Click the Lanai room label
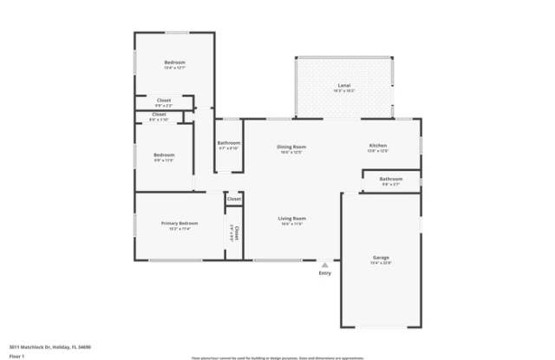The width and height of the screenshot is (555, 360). [x=344, y=85]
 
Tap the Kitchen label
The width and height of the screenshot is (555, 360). [x=378, y=145]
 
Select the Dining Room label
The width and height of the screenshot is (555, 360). [x=291, y=147]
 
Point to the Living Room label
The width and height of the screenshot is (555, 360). [x=291, y=218]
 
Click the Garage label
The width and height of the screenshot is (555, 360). [x=381, y=258]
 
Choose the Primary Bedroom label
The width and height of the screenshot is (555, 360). [x=180, y=223]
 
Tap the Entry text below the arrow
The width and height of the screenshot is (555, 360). [x=325, y=273]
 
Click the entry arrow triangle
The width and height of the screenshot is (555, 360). [x=325, y=265]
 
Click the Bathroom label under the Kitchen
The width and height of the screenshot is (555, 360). [x=391, y=179]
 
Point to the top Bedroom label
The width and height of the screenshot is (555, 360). [x=175, y=62]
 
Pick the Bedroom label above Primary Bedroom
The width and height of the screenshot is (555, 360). [x=164, y=154]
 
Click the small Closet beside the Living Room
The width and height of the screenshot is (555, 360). [x=233, y=200]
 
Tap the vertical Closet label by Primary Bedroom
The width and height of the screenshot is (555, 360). [x=236, y=232]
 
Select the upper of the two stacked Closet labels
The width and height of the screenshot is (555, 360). [x=163, y=101]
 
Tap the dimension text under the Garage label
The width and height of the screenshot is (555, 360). [x=381, y=263]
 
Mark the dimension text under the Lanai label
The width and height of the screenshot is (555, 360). [x=344, y=90]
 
